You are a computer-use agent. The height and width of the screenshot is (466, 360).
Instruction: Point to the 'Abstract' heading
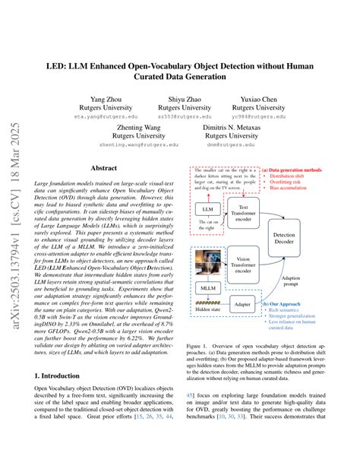[104, 169]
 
